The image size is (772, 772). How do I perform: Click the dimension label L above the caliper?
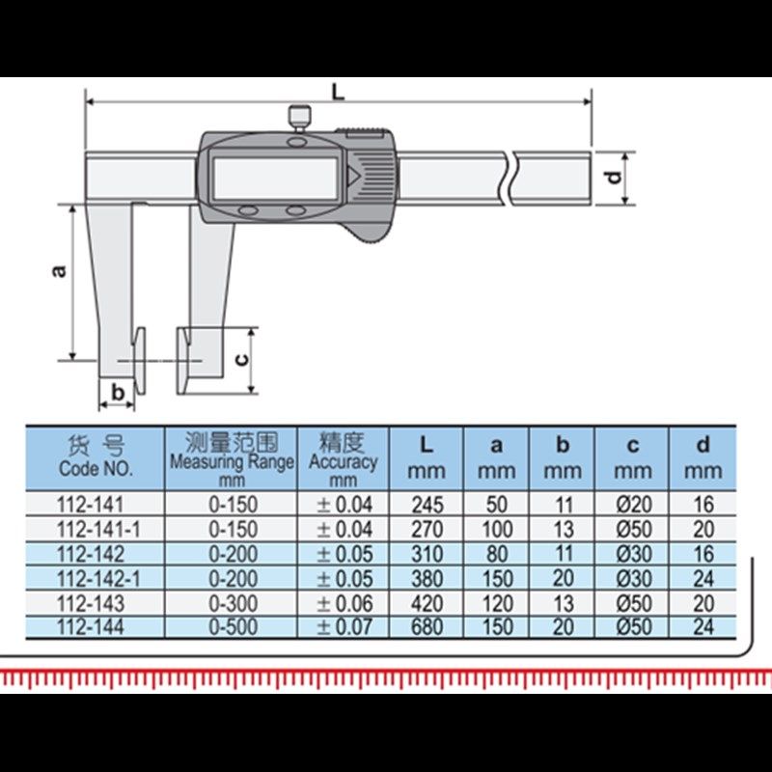point(338,92)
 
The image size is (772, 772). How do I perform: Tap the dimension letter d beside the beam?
point(614,178)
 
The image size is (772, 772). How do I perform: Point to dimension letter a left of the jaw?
point(59,271)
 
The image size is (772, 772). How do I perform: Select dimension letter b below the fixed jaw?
point(118,393)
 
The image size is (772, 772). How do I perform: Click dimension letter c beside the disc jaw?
point(241,360)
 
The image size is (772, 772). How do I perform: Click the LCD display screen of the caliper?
point(275,178)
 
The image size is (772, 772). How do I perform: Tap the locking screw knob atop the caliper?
point(299,117)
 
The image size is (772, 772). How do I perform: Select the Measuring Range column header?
point(232,458)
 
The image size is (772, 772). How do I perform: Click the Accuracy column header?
point(344,458)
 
